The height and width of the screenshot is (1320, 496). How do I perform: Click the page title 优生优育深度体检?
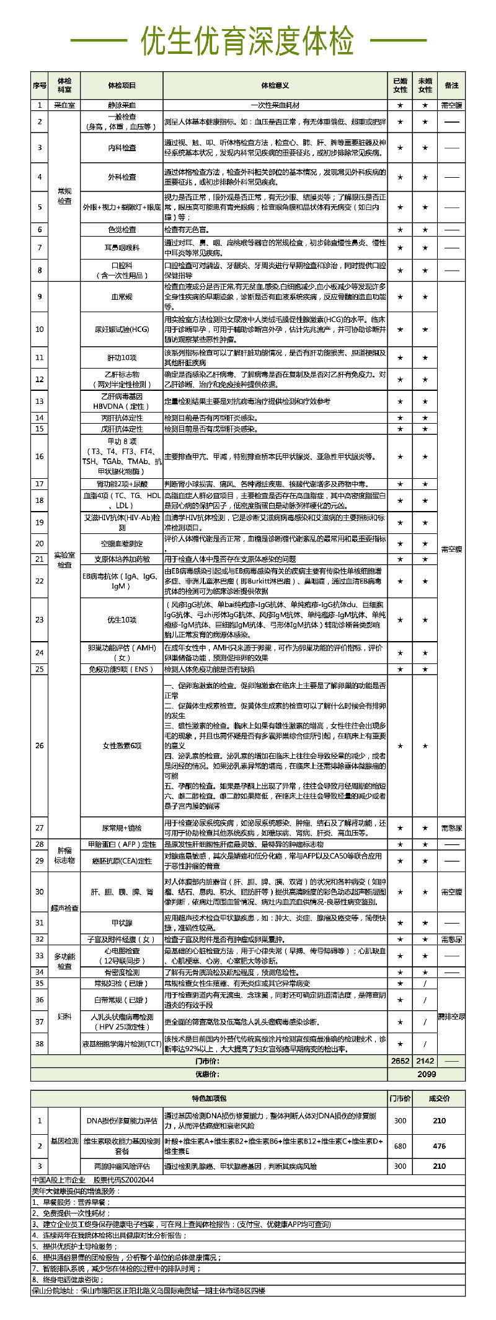click(x=248, y=42)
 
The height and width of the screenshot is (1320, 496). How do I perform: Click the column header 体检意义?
click(x=275, y=85)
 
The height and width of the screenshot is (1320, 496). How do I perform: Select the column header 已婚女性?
click(x=400, y=85)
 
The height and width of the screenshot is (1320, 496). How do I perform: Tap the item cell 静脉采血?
click(x=122, y=105)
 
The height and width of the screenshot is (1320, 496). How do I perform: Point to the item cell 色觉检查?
click(x=122, y=229)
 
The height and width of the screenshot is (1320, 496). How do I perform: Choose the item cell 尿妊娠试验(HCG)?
click(x=122, y=330)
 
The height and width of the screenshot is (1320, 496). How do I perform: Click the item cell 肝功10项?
click(x=122, y=358)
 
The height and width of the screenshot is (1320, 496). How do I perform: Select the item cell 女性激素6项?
click(x=122, y=745)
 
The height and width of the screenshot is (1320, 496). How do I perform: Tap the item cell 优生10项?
click(x=122, y=619)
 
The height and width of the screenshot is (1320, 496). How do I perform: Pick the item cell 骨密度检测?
click(x=122, y=972)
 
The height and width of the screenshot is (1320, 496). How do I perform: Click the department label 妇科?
click(x=64, y=1016)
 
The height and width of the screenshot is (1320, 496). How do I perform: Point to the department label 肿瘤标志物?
click(x=64, y=855)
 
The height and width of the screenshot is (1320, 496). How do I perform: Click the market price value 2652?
click(x=400, y=1061)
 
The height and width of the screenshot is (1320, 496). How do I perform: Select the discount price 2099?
click(x=426, y=1074)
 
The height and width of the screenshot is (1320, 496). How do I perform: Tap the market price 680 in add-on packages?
click(x=400, y=1145)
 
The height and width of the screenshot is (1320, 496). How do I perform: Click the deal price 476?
click(x=439, y=1145)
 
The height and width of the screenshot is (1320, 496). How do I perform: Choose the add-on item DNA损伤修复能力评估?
click(x=122, y=1121)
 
